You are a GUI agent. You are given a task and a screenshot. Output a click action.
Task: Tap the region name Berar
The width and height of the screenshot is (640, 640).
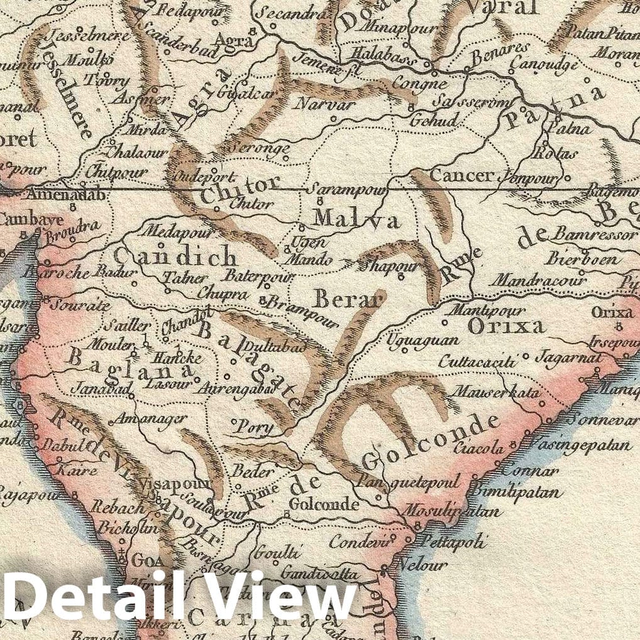click(x=348, y=300)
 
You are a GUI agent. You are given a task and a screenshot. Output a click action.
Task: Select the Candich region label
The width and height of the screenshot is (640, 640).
click(x=175, y=257)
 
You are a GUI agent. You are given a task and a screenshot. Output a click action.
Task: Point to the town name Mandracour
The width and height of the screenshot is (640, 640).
click(x=538, y=279)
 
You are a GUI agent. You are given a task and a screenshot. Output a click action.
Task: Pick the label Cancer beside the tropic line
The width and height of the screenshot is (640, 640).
click(x=461, y=175)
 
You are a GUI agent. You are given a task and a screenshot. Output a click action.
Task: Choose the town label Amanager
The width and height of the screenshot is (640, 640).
click(x=147, y=418)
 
